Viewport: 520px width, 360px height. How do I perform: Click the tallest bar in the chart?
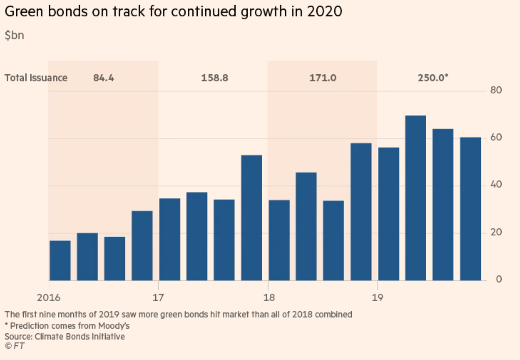pos(416,198)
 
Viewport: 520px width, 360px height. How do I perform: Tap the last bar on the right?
pos(470,209)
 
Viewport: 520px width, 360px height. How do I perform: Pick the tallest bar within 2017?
pos(252,218)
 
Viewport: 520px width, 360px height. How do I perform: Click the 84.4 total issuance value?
pos(103,78)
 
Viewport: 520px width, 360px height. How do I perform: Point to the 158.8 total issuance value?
pos(215,78)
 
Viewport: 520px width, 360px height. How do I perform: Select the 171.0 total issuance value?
pos(323,78)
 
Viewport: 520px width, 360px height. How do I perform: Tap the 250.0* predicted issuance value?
pos(433,78)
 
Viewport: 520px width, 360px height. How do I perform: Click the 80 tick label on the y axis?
pos(496,90)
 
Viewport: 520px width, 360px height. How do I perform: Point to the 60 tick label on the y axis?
pos(496,137)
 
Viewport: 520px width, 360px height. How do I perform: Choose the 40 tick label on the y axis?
pos(496,185)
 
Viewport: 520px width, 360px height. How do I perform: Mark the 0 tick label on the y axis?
pos(499,279)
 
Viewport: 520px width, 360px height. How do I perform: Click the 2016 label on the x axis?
pos(49,297)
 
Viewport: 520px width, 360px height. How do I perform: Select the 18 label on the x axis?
pos(269,297)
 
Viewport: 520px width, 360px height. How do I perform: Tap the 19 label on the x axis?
pos(377,297)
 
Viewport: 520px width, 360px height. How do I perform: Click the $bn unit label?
pos(14,35)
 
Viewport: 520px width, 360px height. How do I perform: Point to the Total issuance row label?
pos(36,78)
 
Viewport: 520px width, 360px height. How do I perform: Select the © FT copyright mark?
pos(15,346)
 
